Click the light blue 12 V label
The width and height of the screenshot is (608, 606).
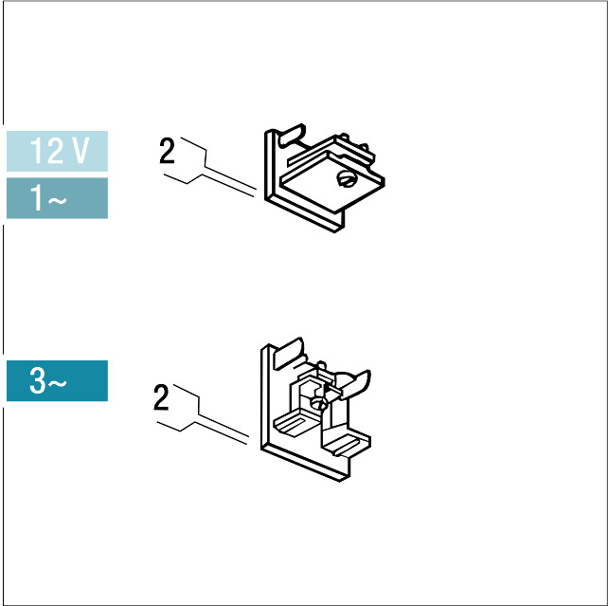pos(57,151)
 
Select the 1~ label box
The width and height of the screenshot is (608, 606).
pos(57,198)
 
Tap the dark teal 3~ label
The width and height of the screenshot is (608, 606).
pos(57,380)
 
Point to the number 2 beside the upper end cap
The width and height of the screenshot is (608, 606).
pos(167,151)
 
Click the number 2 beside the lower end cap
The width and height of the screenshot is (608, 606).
pos(161,397)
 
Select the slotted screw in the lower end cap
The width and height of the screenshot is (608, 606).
pos(320,404)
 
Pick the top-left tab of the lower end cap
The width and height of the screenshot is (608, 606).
pos(289,354)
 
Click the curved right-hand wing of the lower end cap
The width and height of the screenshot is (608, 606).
pos(355,383)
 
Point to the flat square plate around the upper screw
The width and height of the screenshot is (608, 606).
pos(331,182)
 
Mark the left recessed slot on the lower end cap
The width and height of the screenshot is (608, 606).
pos(295,424)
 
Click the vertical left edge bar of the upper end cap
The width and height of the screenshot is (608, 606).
pos(269,165)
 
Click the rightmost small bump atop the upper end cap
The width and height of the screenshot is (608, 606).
pos(364,147)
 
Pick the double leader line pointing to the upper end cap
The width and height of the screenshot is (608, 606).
pos(209,166)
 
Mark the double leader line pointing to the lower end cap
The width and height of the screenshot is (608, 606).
pos(203,413)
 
